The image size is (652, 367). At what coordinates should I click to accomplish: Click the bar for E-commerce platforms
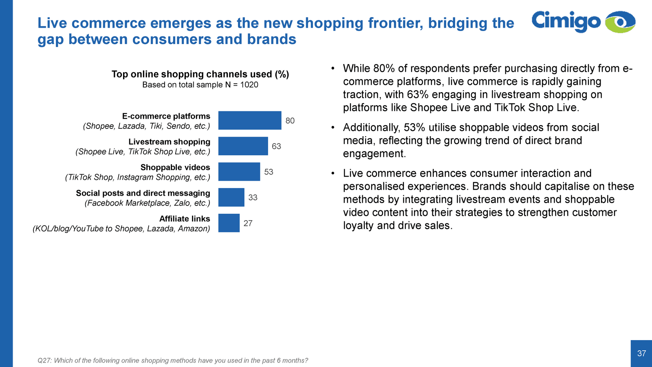[x=250, y=120]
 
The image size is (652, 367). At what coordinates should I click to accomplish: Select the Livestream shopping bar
[x=243, y=146]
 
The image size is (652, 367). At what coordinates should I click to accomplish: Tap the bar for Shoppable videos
[x=239, y=172]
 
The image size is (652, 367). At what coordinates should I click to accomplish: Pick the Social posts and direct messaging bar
[x=231, y=197]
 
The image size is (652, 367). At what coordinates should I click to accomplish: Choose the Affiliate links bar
[x=229, y=223]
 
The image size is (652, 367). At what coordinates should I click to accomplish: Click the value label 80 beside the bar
[x=290, y=121]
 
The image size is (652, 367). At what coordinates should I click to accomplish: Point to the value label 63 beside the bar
[x=276, y=146]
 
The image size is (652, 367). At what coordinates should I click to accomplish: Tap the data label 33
[x=253, y=198]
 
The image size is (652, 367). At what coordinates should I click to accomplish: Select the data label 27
[x=248, y=223]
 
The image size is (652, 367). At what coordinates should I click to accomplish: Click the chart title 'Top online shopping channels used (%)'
[x=200, y=74]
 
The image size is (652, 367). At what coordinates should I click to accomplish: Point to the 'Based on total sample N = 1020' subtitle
[x=200, y=85]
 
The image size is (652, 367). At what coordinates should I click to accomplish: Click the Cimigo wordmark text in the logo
[x=566, y=21]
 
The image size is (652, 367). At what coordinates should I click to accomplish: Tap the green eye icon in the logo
[x=620, y=22]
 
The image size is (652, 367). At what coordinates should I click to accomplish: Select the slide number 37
[x=641, y=354]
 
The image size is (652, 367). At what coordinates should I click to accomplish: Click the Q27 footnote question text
[x=173, y=360]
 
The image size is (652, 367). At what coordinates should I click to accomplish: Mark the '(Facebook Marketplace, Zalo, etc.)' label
[x=148, y=203]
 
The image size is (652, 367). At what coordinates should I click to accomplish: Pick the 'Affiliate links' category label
[x=185, y=219]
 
